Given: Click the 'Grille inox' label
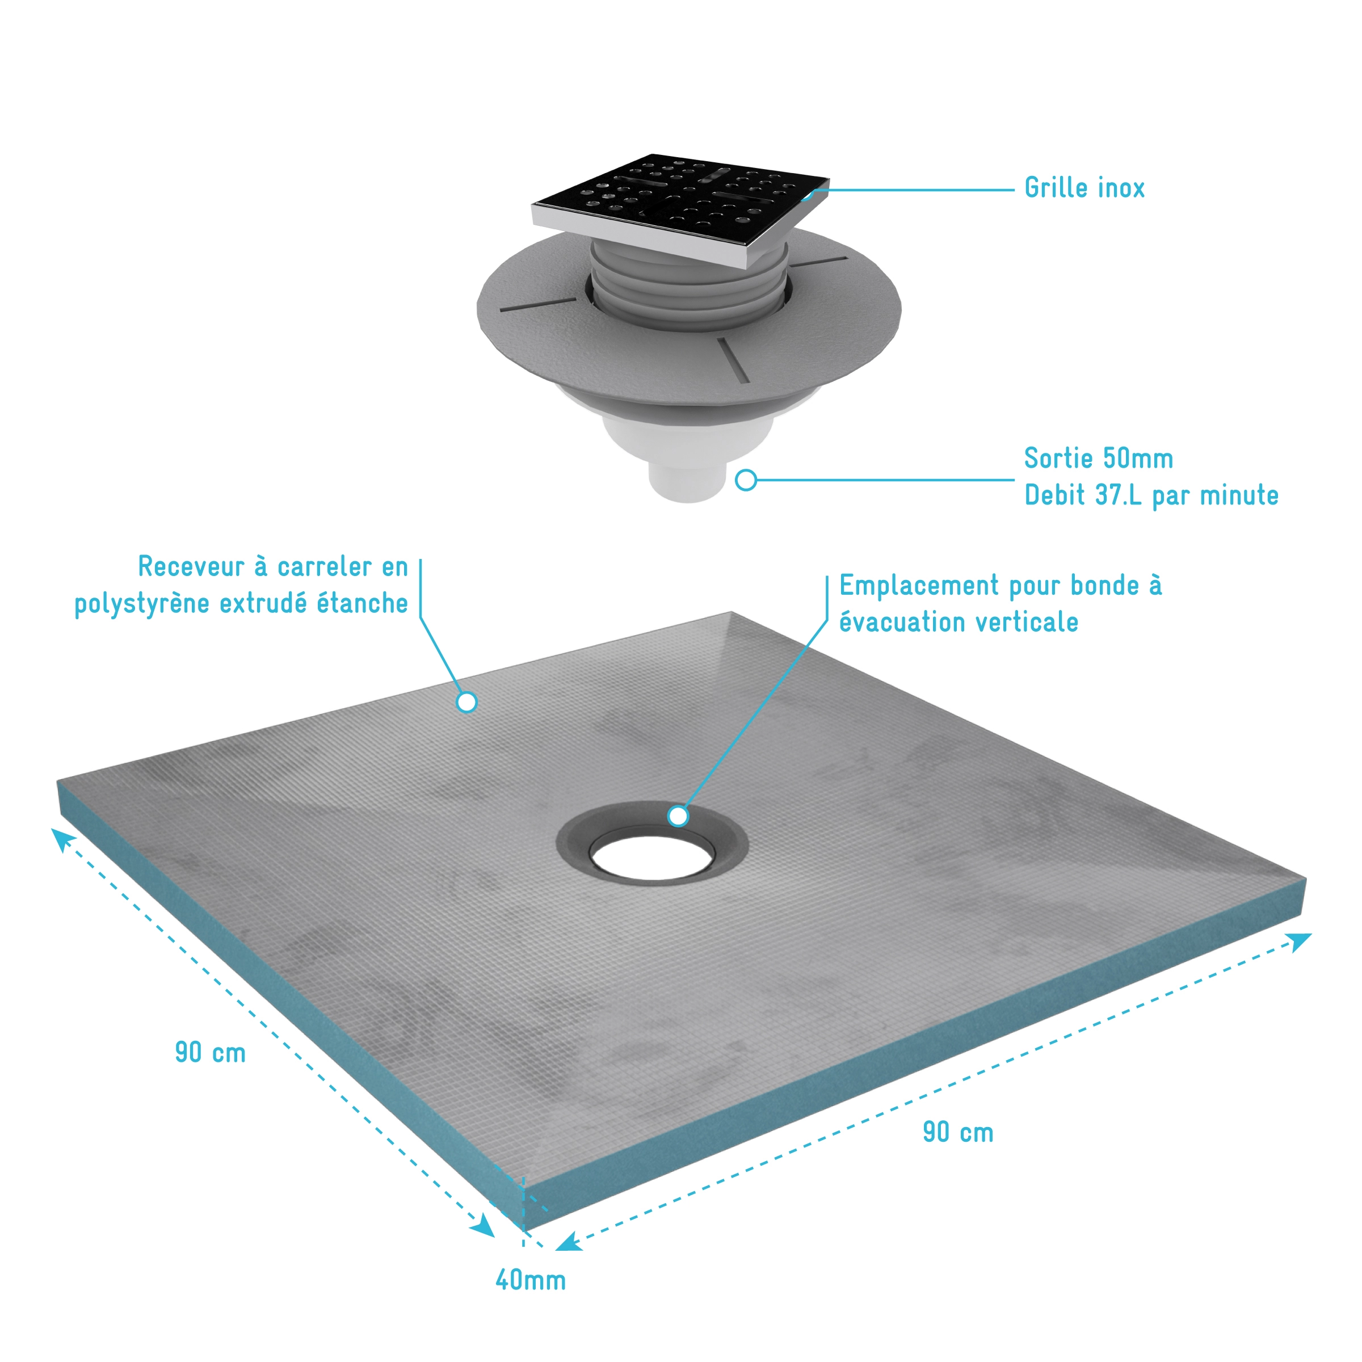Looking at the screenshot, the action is tap(1084, 188).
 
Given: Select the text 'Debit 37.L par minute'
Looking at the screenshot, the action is tap(1151, 495).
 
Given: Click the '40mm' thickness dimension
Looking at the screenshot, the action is tap(531, 1280).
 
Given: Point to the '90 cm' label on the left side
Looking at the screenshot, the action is tap(210, 1053).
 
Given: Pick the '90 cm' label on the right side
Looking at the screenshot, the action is tap(958, 1132).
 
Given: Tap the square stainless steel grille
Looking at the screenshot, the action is tap(680, 209).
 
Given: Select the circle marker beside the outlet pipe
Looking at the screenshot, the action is tap(746, 480).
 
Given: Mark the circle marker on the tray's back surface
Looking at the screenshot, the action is tap(466, 702).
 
